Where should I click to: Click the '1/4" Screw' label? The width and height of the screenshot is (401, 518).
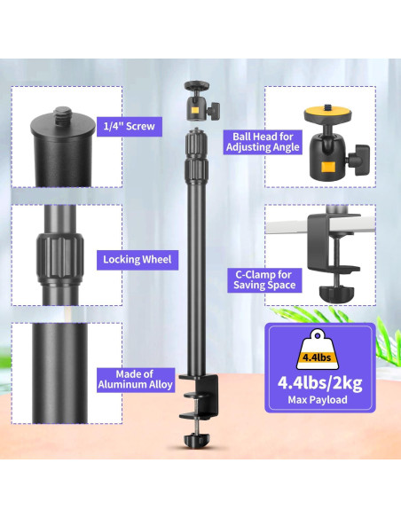130,126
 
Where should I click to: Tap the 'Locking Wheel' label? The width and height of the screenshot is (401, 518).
138,260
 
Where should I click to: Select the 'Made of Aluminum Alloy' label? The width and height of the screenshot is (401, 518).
136,380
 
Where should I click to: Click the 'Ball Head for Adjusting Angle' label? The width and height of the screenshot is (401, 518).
263,142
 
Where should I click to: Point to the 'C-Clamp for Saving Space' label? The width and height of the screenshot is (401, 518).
264,279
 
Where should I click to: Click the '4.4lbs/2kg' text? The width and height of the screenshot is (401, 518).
319,382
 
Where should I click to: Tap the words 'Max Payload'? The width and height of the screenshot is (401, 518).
318,400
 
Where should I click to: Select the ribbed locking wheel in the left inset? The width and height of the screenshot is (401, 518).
59,258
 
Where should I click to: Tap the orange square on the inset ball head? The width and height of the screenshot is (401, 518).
328,167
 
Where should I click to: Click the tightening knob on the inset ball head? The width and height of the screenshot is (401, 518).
359,160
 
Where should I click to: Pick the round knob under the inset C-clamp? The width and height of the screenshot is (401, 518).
336,294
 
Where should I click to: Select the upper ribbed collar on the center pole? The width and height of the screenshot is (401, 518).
197,143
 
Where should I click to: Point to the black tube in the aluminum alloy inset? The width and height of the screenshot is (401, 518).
59,373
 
